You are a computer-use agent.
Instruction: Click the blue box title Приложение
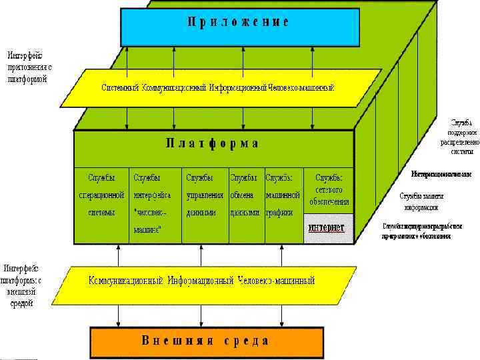pyautogui.click(x=238, y=21)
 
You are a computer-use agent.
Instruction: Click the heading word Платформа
pyautogui.click(x=212, y=143)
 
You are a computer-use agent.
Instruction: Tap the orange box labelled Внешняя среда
pyautogui.click(x=205, y=341)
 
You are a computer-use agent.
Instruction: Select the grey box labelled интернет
pyautogui.click(x=326, y=227)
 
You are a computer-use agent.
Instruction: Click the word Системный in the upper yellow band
pyautogui.click(x=120, y=88)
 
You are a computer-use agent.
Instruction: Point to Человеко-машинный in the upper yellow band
pyautogui.click(x=300, y=88)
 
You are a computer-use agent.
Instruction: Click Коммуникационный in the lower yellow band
pyautogui.click(x=126, y=281)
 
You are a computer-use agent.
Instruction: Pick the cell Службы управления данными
pyautogui.click(x=205, y=195)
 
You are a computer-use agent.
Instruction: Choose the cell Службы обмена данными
pyautogui.click(x=245, y=195)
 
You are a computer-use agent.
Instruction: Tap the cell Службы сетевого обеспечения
pyautogui.click(x=329, y=189)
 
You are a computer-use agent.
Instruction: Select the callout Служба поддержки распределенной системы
pyautogui.click(x=461, y=137)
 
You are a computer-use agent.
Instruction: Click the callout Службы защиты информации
pyautogui.click(x=421, y=201)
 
